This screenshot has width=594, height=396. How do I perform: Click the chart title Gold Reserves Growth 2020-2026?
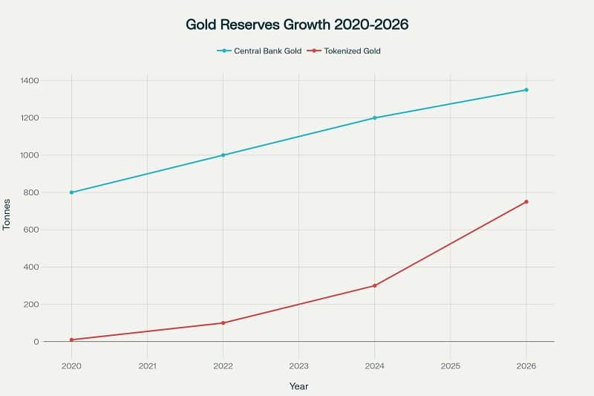tap(297, 25)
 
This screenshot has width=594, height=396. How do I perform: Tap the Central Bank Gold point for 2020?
tap(71, 192)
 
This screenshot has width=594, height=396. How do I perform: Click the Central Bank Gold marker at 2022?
tap(223, 155)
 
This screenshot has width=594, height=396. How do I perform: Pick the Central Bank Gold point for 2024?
tap(374, 117)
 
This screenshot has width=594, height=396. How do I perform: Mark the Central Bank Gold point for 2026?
tap(526, 90)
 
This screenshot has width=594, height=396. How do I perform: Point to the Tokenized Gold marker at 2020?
tap(71, 340)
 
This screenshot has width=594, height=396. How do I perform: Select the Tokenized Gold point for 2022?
tap(223, 323)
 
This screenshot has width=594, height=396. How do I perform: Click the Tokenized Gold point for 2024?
tap(374, 285)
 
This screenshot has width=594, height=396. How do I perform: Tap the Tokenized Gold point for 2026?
tap(526, 201)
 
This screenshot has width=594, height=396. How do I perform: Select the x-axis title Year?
tap(298, 386)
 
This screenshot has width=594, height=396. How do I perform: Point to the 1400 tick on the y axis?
tap(30, 80)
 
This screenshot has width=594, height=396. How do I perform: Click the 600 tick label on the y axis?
tap(32, 230)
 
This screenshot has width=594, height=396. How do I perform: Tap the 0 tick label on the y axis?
tap(36, 342)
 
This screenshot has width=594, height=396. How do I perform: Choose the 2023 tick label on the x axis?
tap(298, 366)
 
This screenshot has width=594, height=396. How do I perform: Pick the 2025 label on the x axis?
tap(450, 366)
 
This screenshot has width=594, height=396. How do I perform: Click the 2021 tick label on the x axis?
tap(147, 366)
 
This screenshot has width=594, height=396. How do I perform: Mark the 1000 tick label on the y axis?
tap(30, 155)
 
